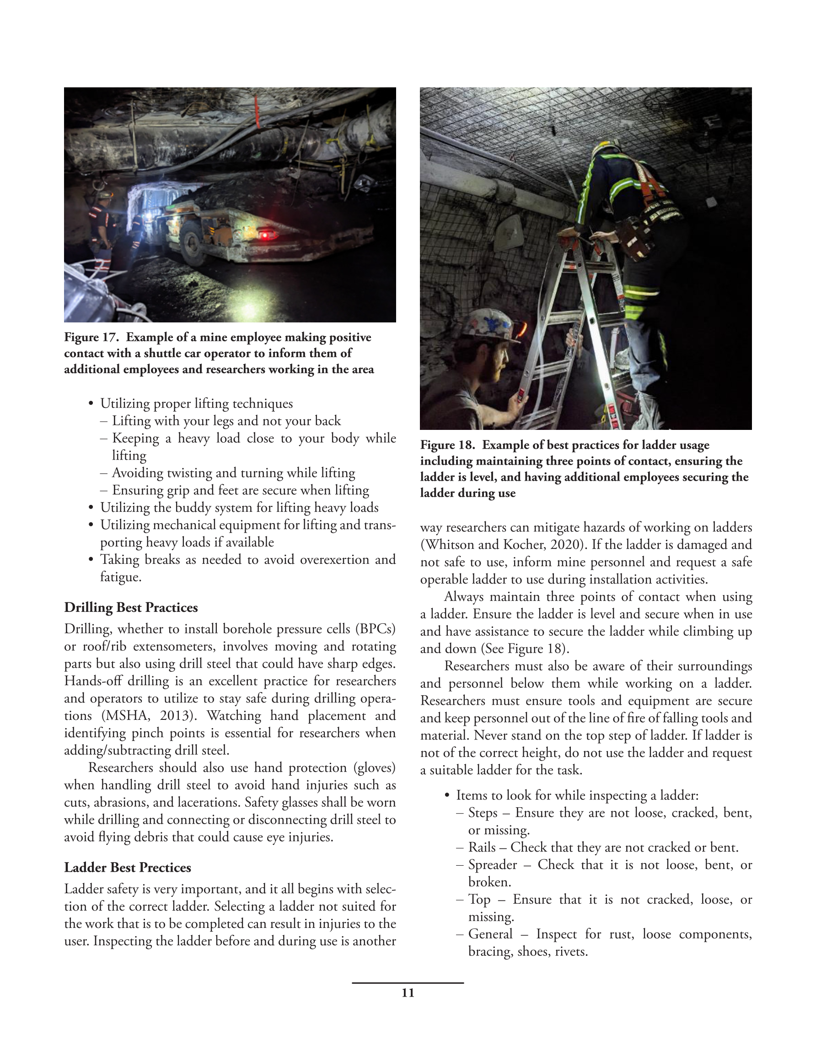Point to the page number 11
[x=408, y=993]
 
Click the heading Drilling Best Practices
[x=131, y=607]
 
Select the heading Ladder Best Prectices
[x=128, y=868]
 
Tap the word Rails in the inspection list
[x=482, y=847]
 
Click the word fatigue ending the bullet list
[x=120, y=577]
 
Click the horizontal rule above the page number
[x=408, y=982]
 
